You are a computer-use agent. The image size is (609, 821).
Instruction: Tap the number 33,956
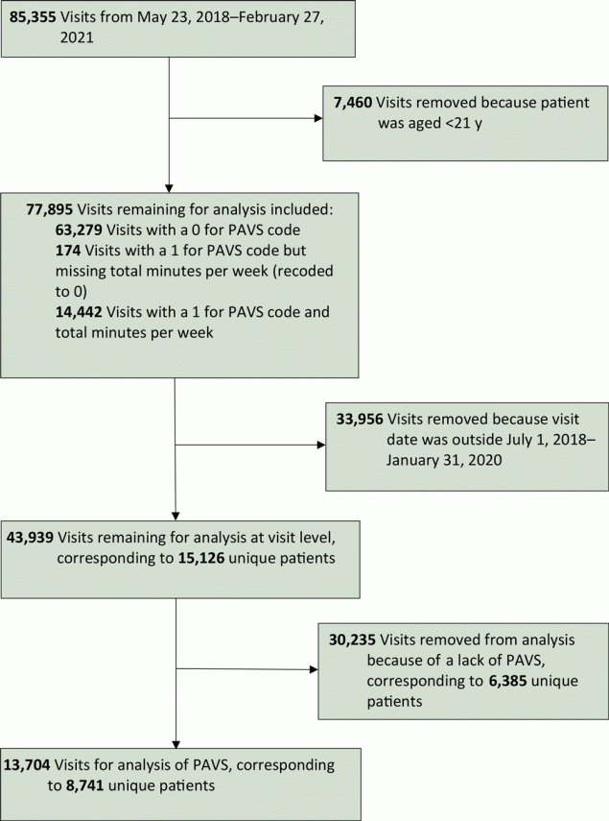tap(360, 420)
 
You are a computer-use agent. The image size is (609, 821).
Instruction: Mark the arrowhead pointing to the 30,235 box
tap(315, 669)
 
